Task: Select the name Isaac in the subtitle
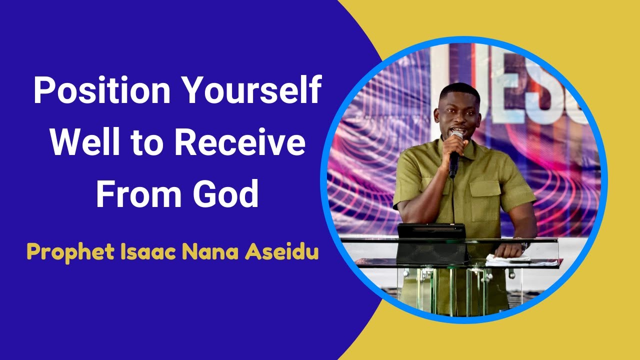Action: click(x=148, y=251)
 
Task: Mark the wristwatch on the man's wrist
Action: click(x=524, y=246)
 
